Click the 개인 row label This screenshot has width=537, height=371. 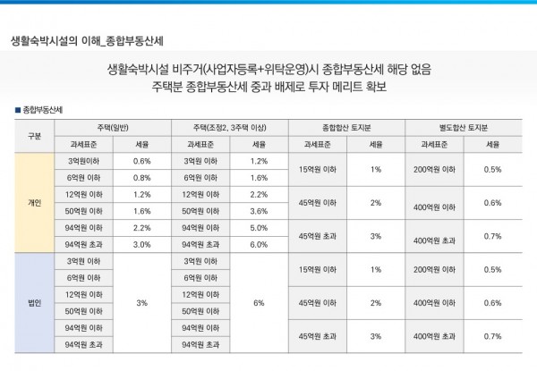pyautogui.click(x=35, y=202)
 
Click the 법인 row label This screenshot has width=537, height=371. pyautogui.click(x=35, y=302)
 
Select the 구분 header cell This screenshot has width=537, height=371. pyautogui.click(x=35, y=135)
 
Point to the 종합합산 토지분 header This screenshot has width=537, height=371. pyautogui.click(x=345, y=127)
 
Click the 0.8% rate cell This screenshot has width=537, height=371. pyautogui.click(x=141, y=177)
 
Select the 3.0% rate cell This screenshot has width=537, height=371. pyautogui.click(x=141, y=244)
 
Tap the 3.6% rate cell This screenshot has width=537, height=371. pyautogui.click(x=259, y=211)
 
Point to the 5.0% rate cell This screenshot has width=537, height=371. pyautogui.click(x=259, y=227)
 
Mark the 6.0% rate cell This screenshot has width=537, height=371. pyautogui.click(x=259, y=244)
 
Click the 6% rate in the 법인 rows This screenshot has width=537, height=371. pyautogui.click(x=259, y=302)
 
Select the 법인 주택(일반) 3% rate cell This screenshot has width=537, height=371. pyautogui.click(x=141, y=302)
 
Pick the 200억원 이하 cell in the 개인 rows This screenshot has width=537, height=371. pyautogui.click(x=433, y=169)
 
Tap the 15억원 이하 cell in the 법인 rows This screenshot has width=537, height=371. pyautogui.click(x=317, y=269)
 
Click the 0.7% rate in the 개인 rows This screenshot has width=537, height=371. pyautogui.click(x=492, y=236)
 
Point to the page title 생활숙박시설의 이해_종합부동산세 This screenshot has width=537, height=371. pyautogui.click(x=86, y=40)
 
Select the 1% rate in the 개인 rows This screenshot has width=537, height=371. pyautogui.click(x=375, y=169)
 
